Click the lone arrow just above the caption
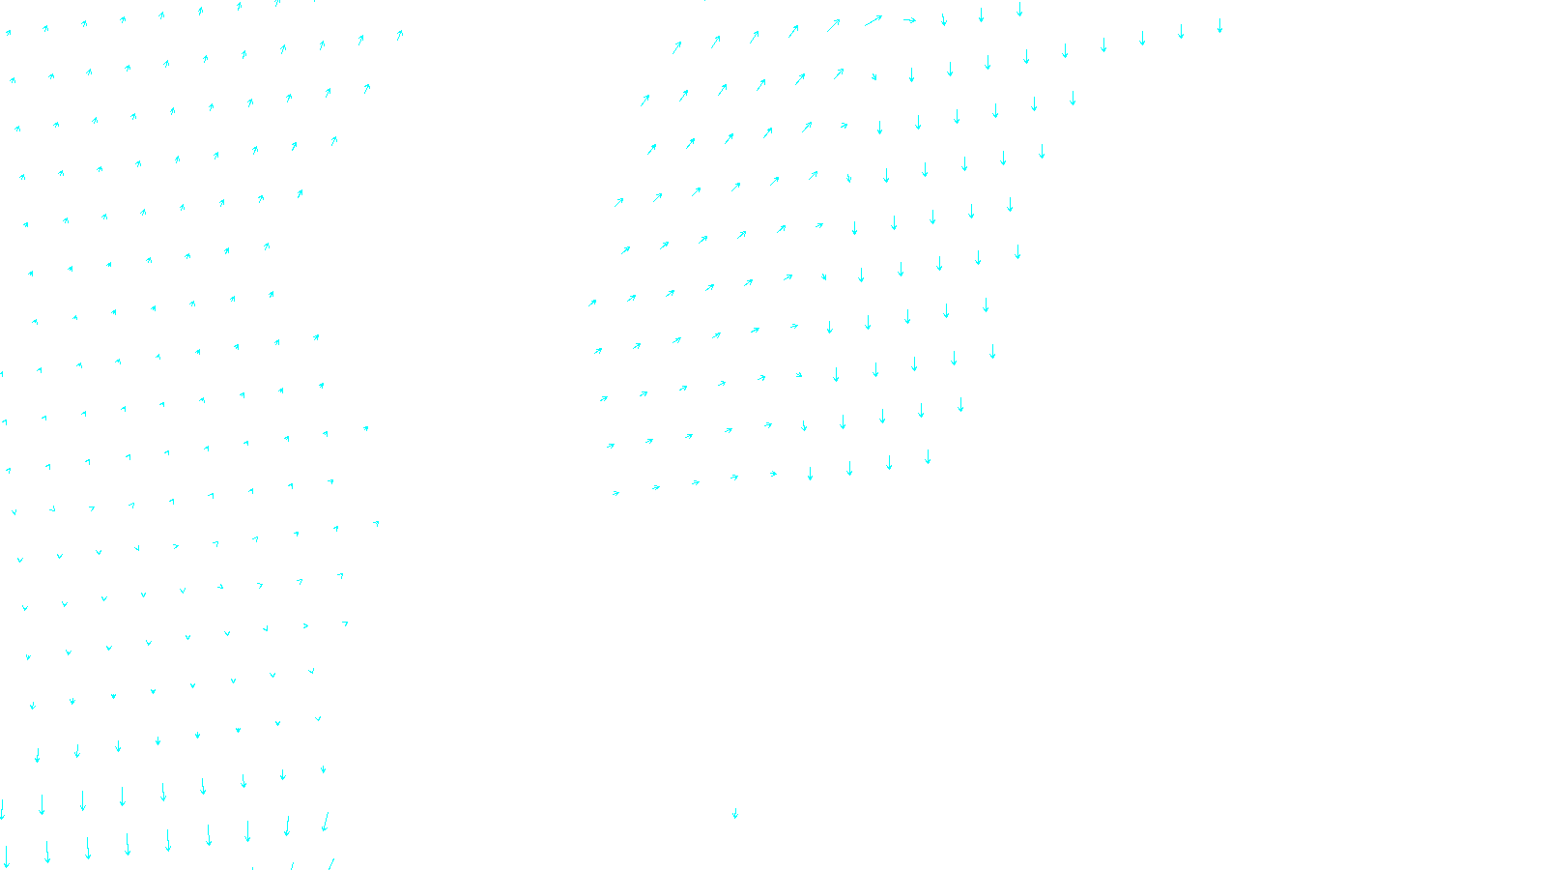[x=735, y=813]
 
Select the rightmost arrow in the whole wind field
[x=1219, y=26]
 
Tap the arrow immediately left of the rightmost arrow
[x=1181, y=32]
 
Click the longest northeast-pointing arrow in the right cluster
[x=873, y=20]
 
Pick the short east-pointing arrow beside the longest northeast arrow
[x=909, y=20]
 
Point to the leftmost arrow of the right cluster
[x=592, y=303]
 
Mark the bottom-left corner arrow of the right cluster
[x=616, y=493]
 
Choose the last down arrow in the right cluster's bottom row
[x=928, y=457]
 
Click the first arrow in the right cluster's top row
[x=677, y=46]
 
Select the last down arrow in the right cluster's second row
[x=1073, y=99]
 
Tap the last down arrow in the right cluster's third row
[x=1042, y=152]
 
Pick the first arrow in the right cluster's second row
[x=644, y=100]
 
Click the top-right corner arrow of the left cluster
[x=400, y=35]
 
